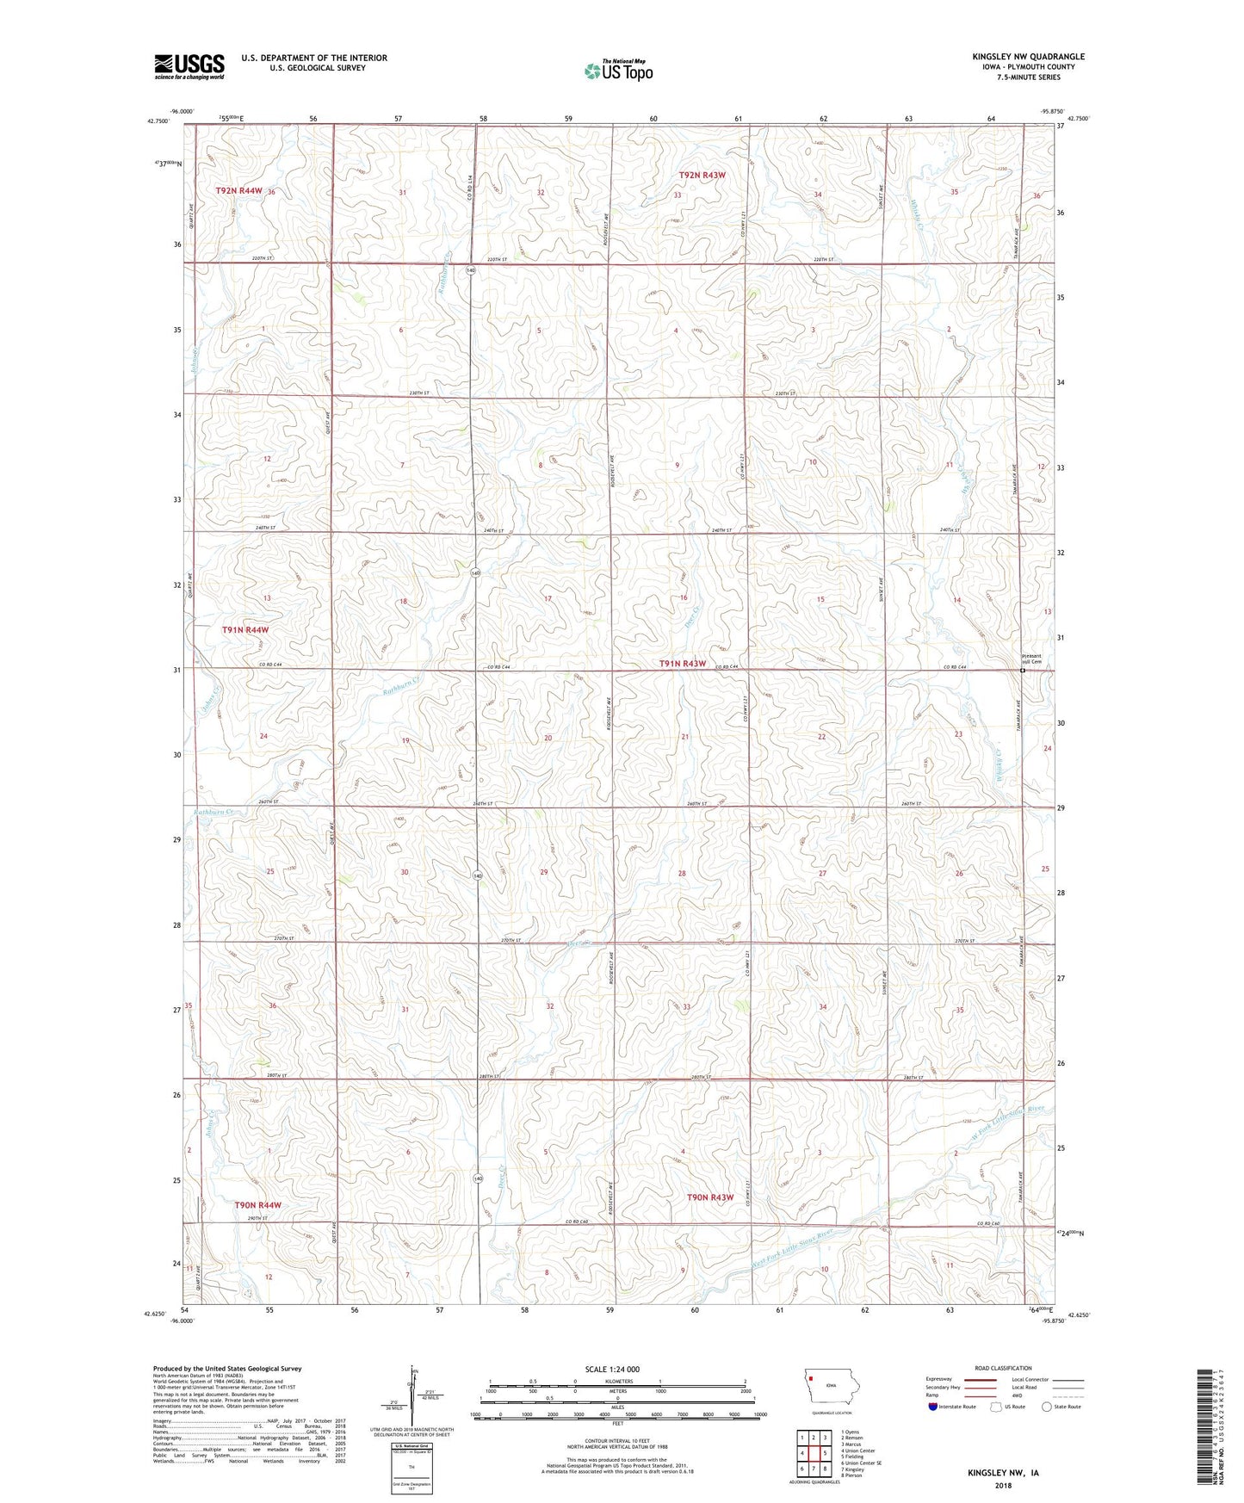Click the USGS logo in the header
[x=189, y=66]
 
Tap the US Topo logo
[x=618, y=71]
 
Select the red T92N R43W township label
[x=702, y=175]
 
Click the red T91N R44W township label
[x=245, y=630]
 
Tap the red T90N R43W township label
[x=710, y=1197]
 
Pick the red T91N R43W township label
[x=683, y=664]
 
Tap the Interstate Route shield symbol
[x=932, y=1407]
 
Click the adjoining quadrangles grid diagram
[x=813, y=1457]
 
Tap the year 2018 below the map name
[x=1002, y=1485]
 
